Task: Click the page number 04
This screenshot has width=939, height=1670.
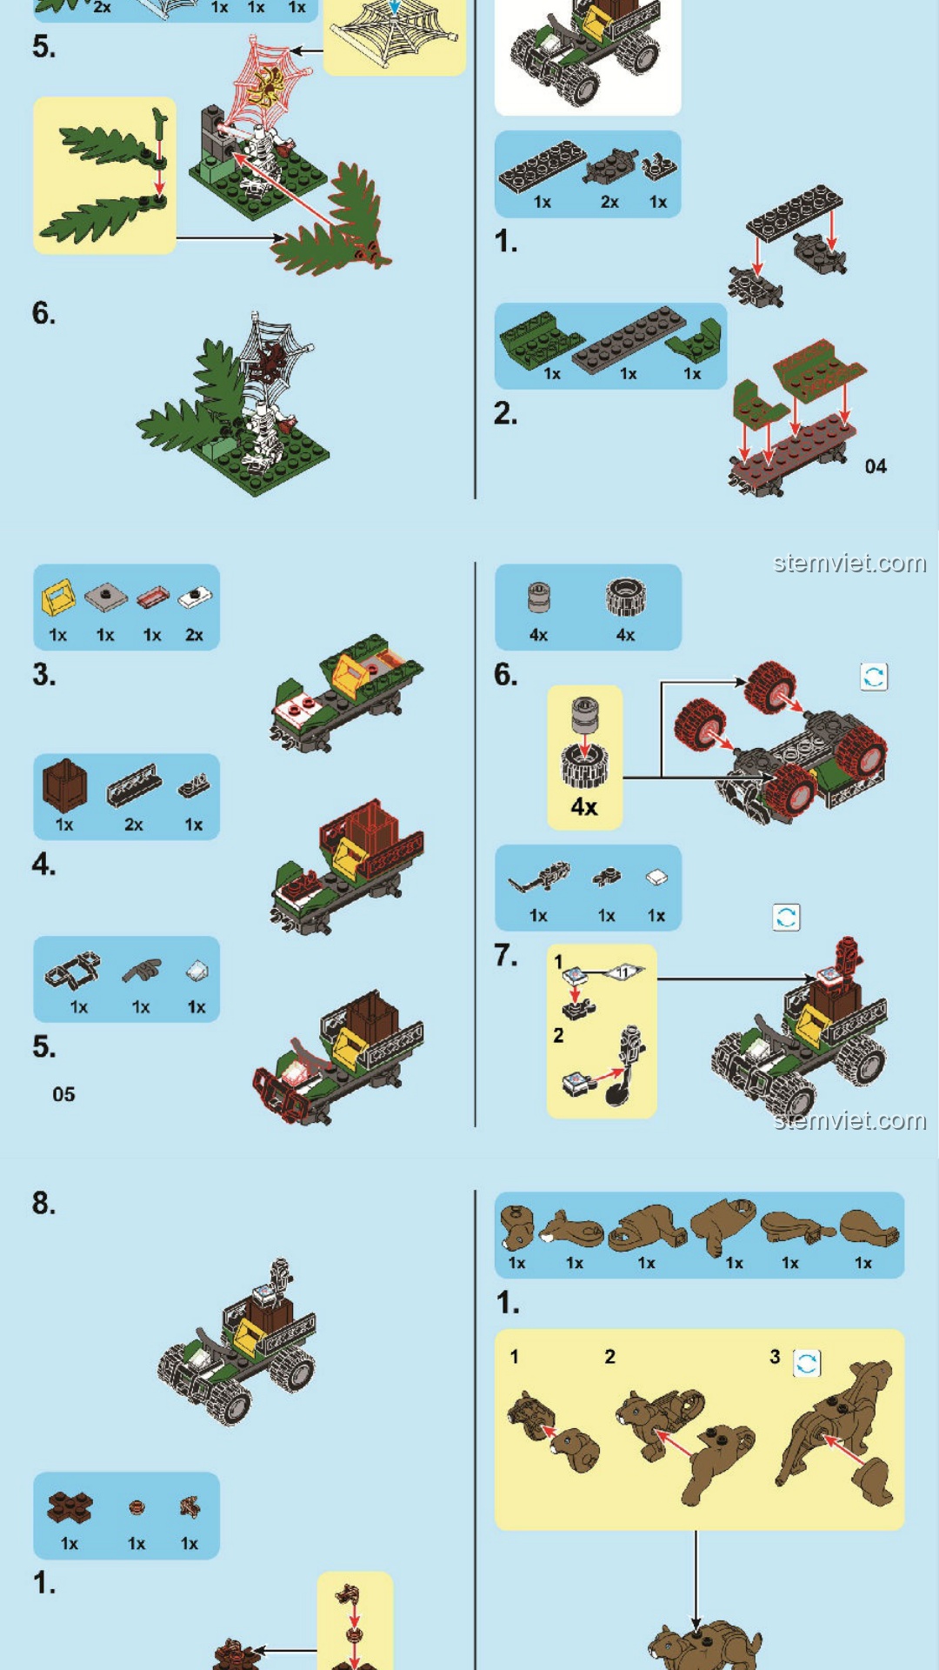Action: pyautogui.click(x=876, y=466)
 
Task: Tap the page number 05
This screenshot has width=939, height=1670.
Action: pyautogui.click(x=63, y=1094)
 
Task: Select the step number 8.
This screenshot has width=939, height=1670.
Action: pyautogui.click(x=43, y=1203)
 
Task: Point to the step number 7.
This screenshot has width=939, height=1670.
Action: pyautogui.click(x=506, y=955)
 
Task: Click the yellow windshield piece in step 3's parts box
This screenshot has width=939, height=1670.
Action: pyautogui.click(x=57, y=598)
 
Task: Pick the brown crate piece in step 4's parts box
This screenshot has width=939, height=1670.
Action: pyautogui.click(x=64, y=785)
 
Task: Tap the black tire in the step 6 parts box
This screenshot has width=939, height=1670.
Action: pyautogui.click(x=625, y=598)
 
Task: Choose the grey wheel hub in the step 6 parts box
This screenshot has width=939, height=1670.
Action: pyautogui.click(x=539, y=598)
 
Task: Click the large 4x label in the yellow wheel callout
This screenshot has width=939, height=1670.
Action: pyautogui.click(x=584, y=806)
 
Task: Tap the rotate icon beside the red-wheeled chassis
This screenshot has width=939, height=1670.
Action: pyautogui.click(x=874, y=676)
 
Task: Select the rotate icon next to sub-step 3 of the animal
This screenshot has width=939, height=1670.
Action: pyautogui.click(x=807, y=1363)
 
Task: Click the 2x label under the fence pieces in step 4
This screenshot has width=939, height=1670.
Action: pyautogui.click(x=133, y=825)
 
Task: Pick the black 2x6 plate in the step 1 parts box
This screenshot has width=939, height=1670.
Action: pyautogui.click(x=543, y=166)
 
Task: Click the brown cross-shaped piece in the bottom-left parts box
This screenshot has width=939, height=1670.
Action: pyautogui.click(x=70, y=1507)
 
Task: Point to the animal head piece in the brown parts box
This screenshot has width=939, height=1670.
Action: pyautogui.click(x=516, y=1227)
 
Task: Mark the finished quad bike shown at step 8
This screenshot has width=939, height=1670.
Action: pyautogui.click(x=237, y=1342)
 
